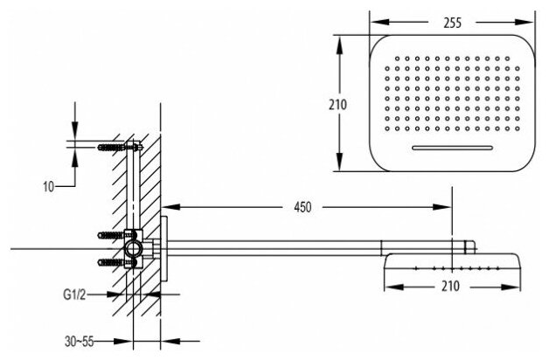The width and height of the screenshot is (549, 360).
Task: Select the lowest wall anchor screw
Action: [x=111, y=261]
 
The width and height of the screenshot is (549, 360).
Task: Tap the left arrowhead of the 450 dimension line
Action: [x=170, y=207]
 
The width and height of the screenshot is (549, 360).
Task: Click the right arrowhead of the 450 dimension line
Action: [x=448, y=207]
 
